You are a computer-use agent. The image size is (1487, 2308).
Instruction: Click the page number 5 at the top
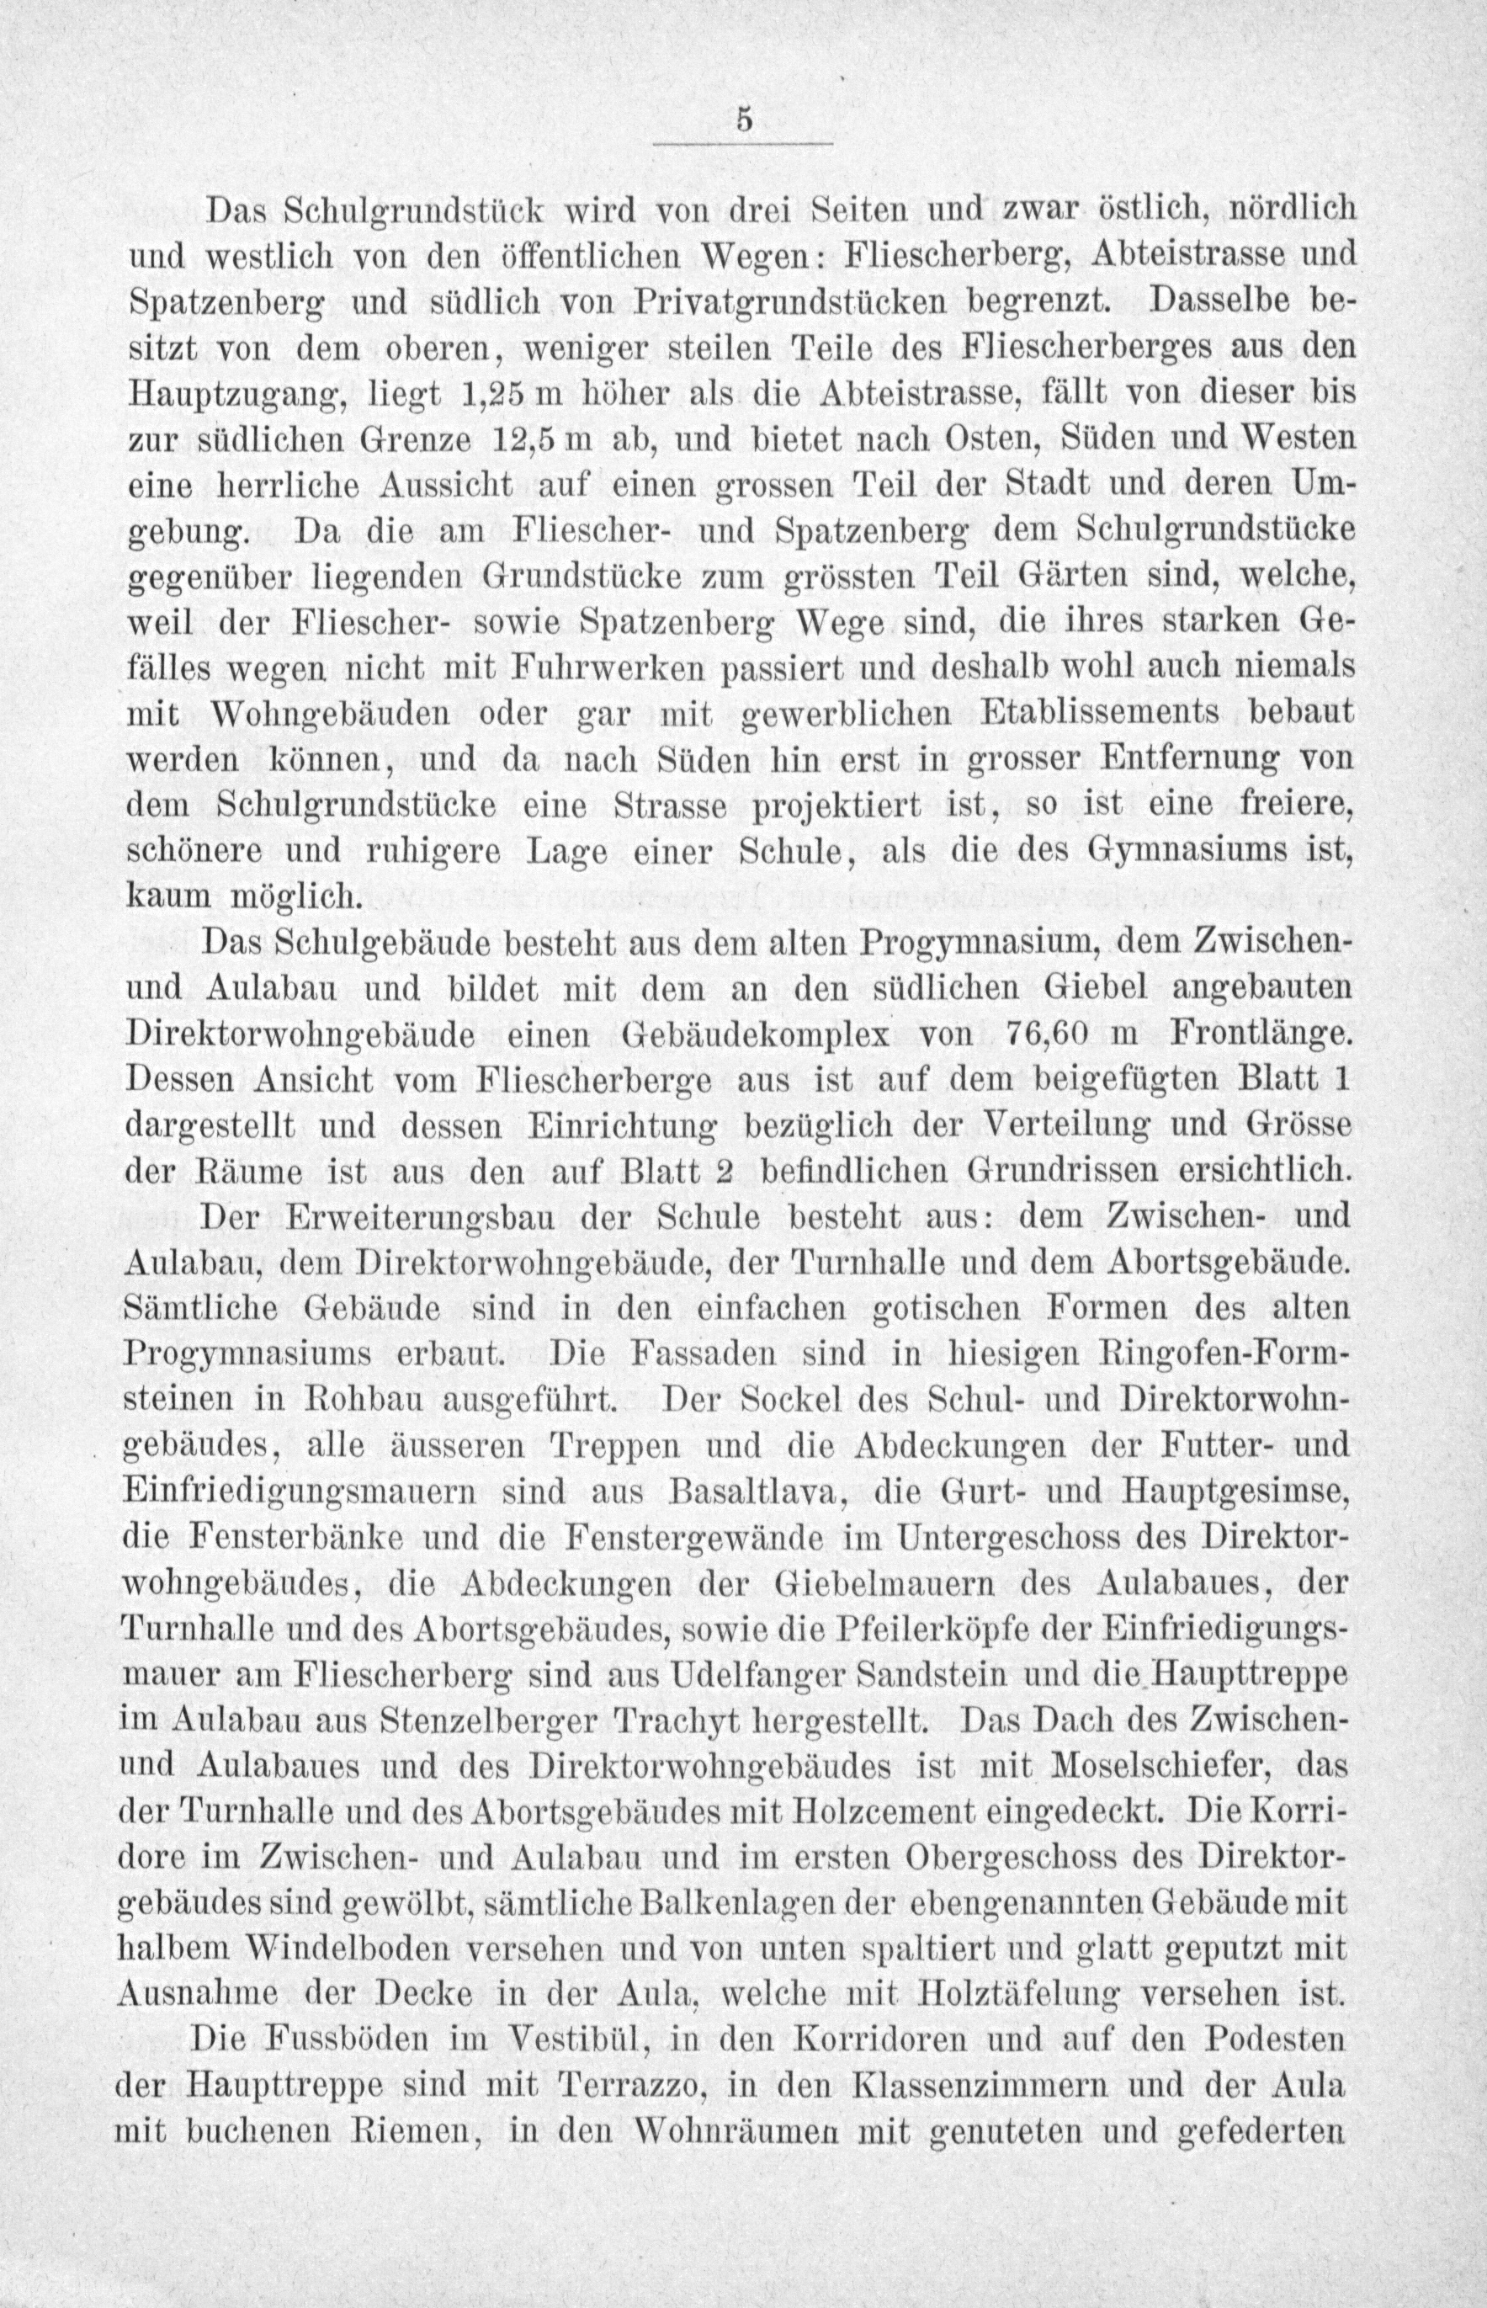[742, 122]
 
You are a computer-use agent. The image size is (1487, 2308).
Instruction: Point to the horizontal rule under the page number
[742, 145]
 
